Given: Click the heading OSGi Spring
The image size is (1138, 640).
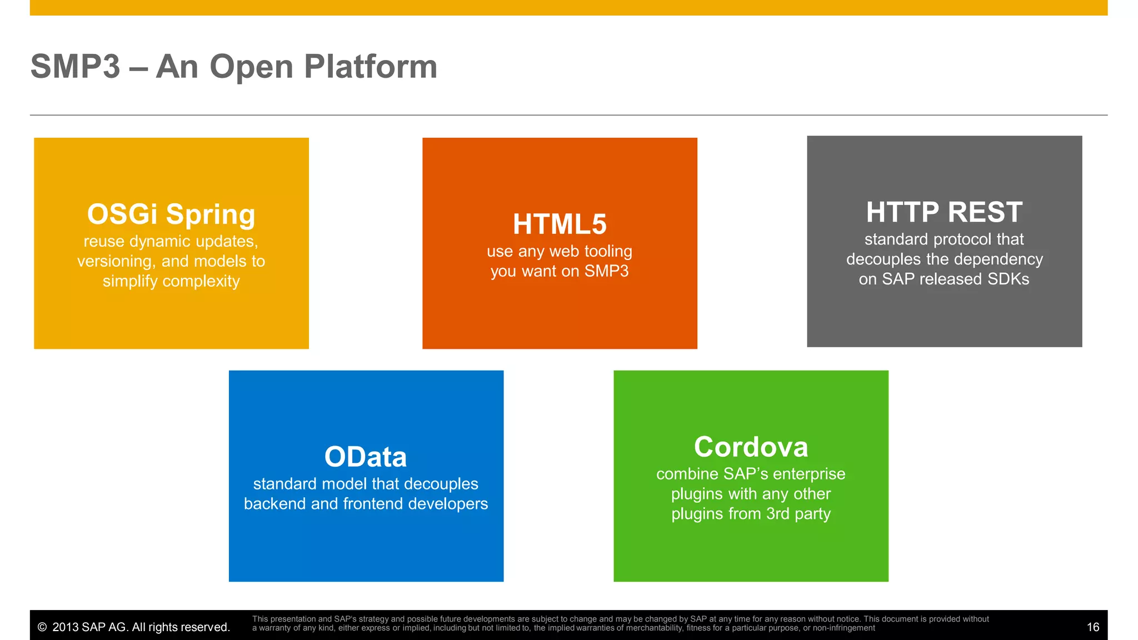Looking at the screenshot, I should click(171, 214).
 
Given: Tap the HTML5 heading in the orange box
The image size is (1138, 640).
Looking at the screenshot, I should click(560, 224).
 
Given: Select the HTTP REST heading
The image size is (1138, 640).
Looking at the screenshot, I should click(944, 212).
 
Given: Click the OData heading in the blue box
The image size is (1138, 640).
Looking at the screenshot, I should click(366, 457).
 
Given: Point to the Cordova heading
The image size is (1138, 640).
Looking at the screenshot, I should click(751, 447).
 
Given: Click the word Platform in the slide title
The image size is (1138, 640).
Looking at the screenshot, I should click(371, 67).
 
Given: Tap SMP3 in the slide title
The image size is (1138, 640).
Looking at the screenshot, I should click(76, 67).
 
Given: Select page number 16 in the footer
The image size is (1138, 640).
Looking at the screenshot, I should click(1092, 627).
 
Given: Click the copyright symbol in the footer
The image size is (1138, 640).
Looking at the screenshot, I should click(42, 627).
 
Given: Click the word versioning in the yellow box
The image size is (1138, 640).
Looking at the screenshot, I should click(114, 261).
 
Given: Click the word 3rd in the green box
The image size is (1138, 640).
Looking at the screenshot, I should click(777, 514).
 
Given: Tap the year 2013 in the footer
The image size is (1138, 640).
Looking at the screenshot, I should click(65, 627).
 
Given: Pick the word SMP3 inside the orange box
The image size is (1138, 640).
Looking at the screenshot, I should click(606, 271).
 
